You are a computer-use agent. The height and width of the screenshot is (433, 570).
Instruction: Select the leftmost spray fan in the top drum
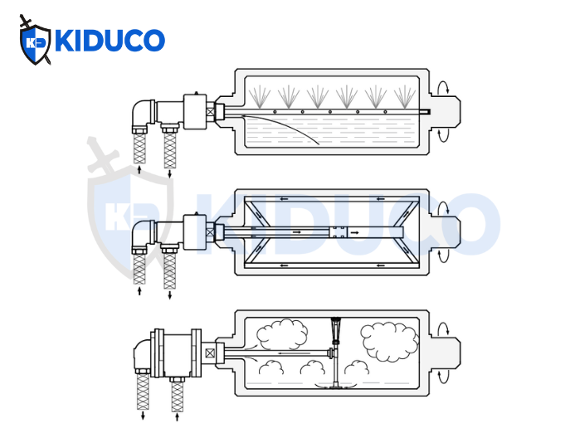(x=260, y=96)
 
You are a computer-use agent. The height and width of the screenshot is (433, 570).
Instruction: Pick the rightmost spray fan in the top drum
(x=406, y=96)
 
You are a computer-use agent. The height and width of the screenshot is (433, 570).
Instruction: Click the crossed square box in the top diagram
(x=211, y=111)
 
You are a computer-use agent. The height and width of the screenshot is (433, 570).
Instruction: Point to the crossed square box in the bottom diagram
(x=210, y=353)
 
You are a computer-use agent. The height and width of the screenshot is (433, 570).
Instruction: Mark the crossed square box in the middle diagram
(x=210, y=232)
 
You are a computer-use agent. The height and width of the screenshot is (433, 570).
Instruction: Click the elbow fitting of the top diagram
(x=142, y=113)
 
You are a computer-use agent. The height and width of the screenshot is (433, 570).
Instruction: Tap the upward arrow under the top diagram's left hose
(x=139, y=170)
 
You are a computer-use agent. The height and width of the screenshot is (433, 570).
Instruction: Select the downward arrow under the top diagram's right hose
(x=170, y=173)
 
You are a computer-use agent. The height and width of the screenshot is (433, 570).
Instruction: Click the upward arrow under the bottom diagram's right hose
(x=177, y=417)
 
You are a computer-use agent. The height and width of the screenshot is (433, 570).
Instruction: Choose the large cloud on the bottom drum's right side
(x=389, y=341)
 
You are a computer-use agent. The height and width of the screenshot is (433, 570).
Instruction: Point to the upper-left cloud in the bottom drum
(x=281, y=334)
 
